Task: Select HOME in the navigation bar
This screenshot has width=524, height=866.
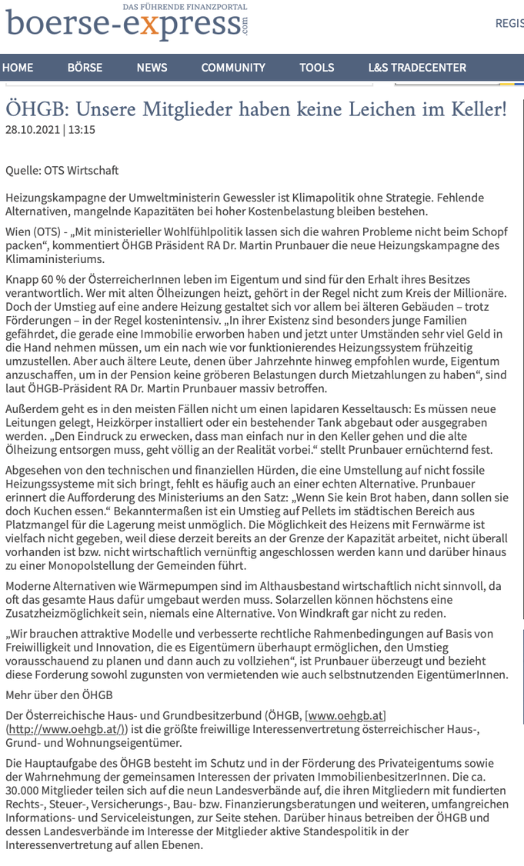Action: pos(18,68)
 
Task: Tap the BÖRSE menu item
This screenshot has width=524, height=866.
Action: pos(85,68)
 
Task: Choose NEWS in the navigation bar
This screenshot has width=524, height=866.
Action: pos(152,68)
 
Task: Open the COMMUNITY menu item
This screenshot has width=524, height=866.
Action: pos(233,68)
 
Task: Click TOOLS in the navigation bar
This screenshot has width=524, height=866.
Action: pos(317,68)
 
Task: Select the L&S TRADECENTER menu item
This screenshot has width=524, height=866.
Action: pos(417,68)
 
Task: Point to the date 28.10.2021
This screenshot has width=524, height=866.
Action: pos(32,130)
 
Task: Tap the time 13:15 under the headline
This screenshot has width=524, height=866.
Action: pos(82,130)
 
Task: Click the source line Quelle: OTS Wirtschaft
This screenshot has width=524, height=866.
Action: pos(62,170)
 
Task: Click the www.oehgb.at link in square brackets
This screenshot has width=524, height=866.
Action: pos(345,715)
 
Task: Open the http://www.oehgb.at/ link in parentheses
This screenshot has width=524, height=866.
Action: pos(65,729)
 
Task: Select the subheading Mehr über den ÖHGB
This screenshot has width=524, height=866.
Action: pos(59,694)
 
